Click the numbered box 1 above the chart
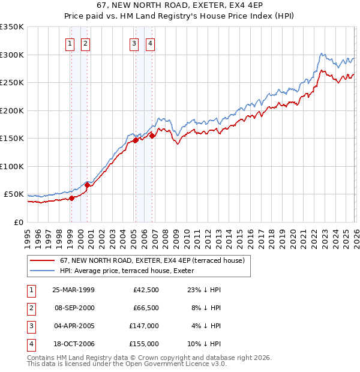[x=70, y=43]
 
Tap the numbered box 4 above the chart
[x=149, y=43]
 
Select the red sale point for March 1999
[x=71, y=198]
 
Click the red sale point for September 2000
[x=87, y=185]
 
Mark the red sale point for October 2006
[x=152, y=136]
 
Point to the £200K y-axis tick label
[x=12, y=110]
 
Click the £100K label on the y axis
[x=12, y=166]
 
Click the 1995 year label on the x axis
[x=28, y=233]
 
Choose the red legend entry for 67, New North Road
[x=152, y=261]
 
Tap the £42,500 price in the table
[x=144, y=290]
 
